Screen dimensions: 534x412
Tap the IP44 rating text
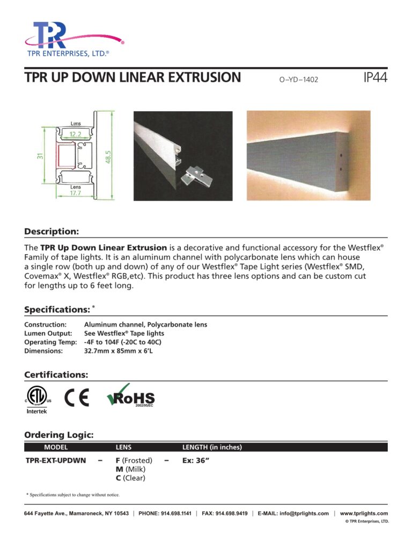pos(375,78)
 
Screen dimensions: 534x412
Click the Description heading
pos(51,232)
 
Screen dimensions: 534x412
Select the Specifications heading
pos(57,310)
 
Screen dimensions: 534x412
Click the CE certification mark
pos(76,399)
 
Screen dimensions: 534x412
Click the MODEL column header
pos(56,447)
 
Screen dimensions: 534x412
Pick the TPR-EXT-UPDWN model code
pos(56,460)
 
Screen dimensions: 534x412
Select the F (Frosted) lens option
pos(134,460)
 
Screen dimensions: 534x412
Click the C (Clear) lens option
pos(131,478)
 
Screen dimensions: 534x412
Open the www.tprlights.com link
pos(364,514)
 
